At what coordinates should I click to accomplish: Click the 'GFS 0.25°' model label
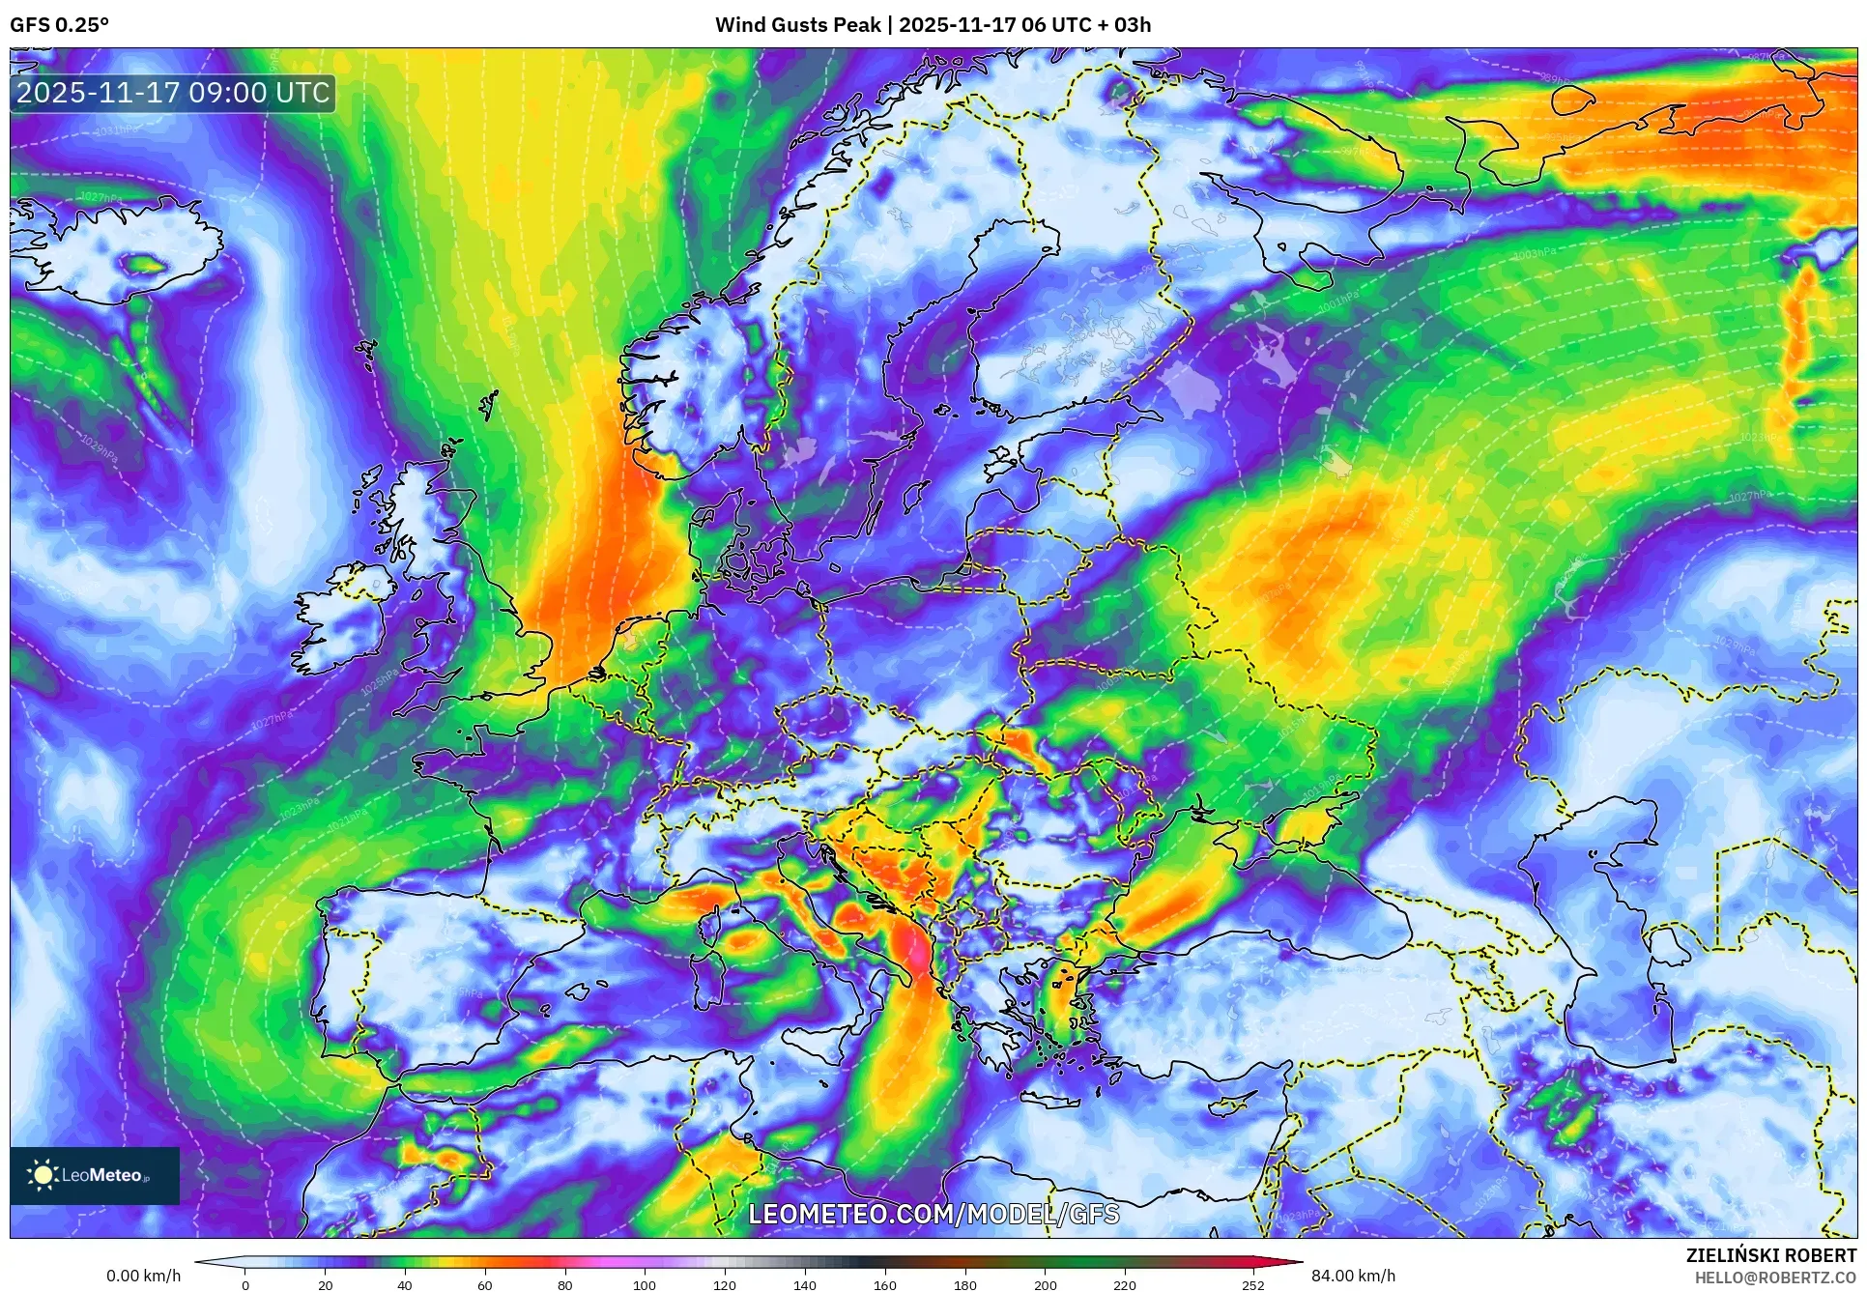click(59, 25)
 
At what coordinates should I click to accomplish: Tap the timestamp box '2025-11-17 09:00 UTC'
click(174, 94)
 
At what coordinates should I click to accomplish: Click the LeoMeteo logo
click(95, 1175)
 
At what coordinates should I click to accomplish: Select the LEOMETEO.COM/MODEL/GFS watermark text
click(933, 1214)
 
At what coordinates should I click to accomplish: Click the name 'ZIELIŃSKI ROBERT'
click(1771, 1255)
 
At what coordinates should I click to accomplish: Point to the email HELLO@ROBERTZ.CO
click(1775, 1278)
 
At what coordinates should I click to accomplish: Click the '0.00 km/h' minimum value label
click(143, 1276)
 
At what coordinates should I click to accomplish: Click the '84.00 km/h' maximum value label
click(1353, 1276)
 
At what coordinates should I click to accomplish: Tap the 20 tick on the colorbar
click(325, 1285)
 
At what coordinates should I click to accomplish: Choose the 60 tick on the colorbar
click(484, 1285)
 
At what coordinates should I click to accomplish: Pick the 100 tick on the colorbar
click(644, 1285)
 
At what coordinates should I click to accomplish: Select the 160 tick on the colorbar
click(884, 1285)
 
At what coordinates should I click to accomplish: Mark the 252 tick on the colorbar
click(1252, 1285)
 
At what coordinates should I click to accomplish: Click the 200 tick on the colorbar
click(1045, 1285)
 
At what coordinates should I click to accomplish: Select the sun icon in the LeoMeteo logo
click(43, 1175)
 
